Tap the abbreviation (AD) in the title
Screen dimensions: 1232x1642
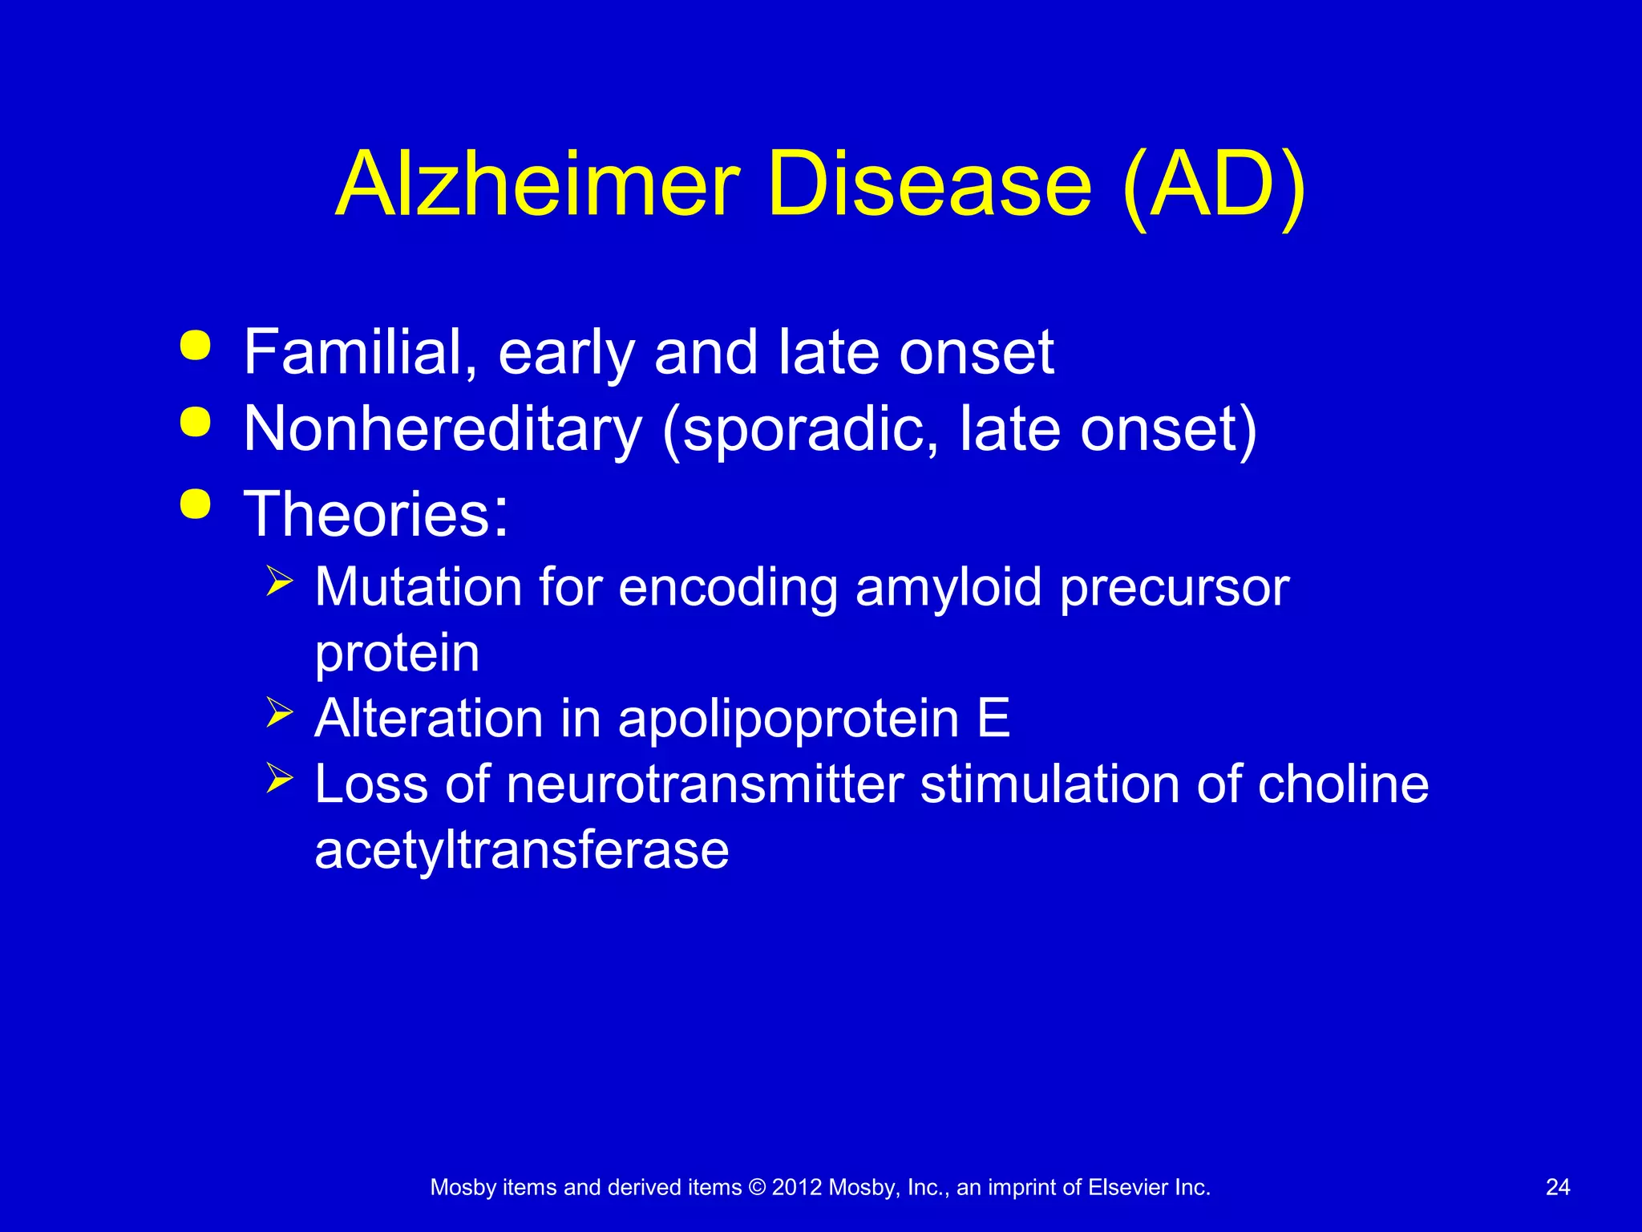[1213, 186]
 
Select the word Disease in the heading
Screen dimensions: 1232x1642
[929, 184]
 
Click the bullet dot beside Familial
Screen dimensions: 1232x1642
[196, 346]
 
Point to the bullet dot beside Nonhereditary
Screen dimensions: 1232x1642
[196, 422]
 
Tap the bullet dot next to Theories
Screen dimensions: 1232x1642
[196, 505]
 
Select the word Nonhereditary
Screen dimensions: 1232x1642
[443, 429]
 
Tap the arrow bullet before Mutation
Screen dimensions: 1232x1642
[279, 580]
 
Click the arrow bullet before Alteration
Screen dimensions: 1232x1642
[279, 711]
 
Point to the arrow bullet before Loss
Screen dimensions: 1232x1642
[279, 777]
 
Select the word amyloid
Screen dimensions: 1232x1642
[948, 589]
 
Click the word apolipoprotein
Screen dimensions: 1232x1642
[788, 719]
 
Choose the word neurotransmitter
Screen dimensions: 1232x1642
[705, 784]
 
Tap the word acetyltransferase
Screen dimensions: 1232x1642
[521, 849]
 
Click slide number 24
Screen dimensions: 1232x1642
[1557, 1187]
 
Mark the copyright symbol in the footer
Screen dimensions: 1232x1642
[756, 1187]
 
